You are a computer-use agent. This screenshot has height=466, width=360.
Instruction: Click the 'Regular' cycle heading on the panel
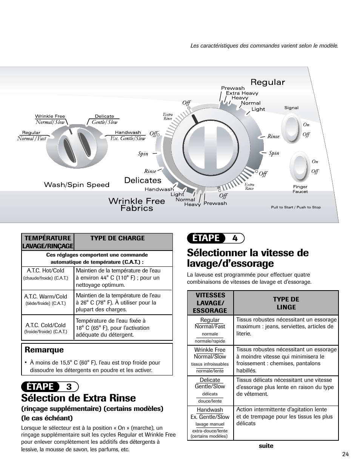click(x=268, y=82)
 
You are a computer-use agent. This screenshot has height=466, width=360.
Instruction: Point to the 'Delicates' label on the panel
click(x=143, y=180)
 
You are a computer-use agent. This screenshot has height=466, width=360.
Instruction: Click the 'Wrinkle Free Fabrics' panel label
click(x=137, y=204)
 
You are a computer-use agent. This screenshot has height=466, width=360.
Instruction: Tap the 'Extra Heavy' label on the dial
click(x=242, y=93)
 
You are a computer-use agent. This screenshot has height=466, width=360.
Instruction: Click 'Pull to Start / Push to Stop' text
click(x=295, y=207)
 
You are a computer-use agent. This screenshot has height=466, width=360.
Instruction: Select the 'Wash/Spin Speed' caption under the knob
click(x=77, y=185)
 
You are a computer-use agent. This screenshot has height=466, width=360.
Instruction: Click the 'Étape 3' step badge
click(x=50, y=386)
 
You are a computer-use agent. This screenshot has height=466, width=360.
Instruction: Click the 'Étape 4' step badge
click(x=215, y=238)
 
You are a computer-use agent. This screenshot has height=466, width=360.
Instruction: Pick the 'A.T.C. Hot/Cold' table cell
click(x=46, y=274)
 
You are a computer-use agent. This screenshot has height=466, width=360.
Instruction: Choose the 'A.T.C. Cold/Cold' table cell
click(x=46, y=328)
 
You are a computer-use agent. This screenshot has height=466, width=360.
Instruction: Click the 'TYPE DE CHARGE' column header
click(x=117, y=238)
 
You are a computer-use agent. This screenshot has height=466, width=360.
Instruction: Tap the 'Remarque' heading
click(x=42, y=350)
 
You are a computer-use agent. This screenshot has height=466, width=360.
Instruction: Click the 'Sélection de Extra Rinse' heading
click(x=78, y=398)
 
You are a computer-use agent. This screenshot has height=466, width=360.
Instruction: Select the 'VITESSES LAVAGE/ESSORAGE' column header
click(x=210, y=303)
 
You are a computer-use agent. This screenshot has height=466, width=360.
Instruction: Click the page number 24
click(x=346, y=454)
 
